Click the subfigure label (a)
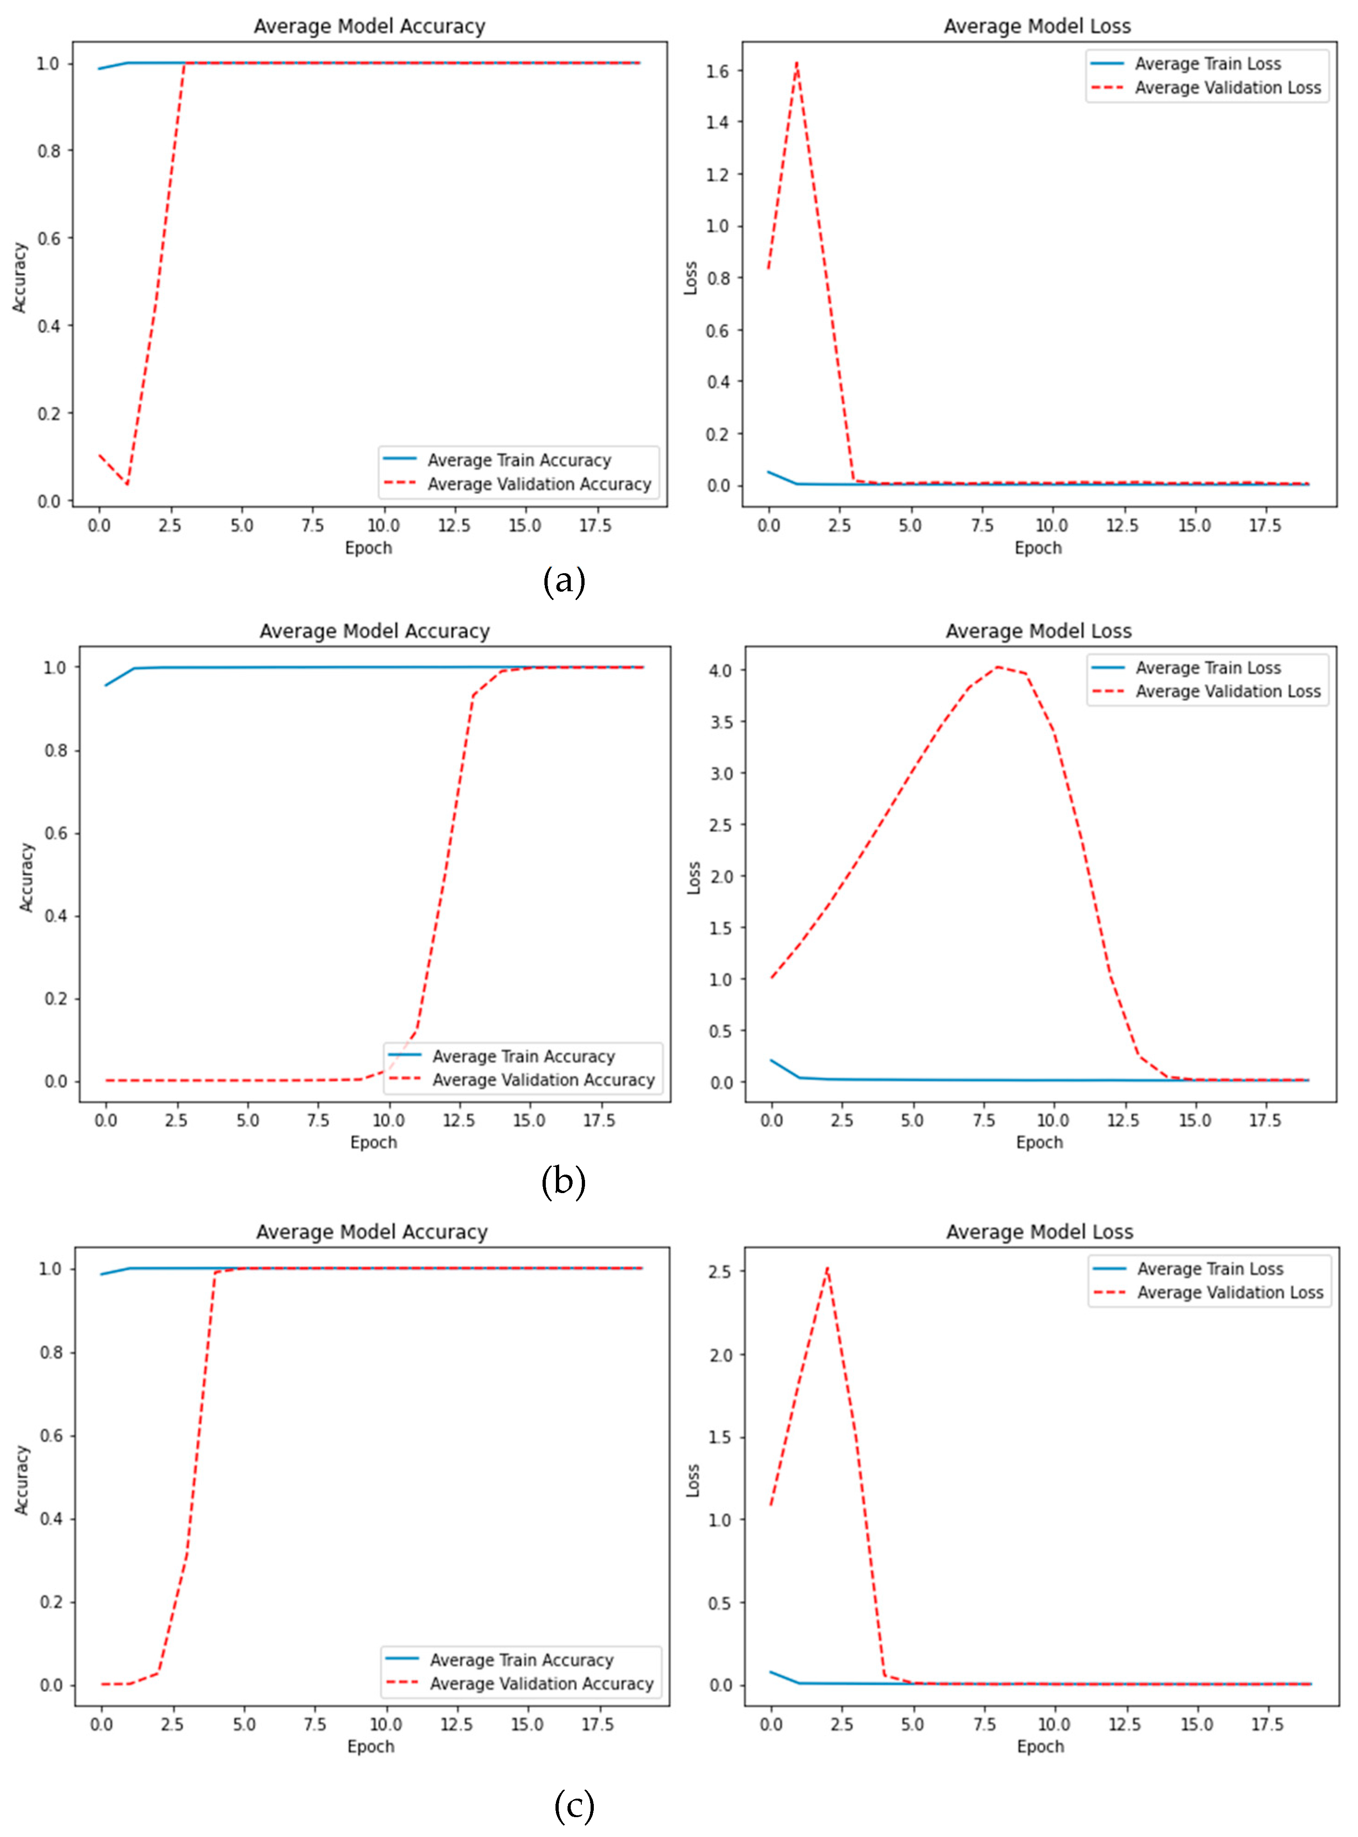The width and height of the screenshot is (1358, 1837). coord(564,582)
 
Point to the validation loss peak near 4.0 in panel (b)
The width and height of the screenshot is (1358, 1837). coord(997,667)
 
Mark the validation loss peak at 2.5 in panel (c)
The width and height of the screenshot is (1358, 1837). coord(827,1268)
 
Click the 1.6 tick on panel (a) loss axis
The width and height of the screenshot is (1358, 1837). coord(718,71)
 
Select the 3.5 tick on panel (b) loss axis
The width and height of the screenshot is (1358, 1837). coord(721,722)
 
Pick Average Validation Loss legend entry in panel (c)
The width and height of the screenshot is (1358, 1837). coord(1230,1292)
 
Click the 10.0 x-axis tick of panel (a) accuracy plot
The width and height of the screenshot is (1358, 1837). coord(383,526)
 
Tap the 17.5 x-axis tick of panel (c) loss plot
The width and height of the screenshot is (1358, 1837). coord(1267,1724)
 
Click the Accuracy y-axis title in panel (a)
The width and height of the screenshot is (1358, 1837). coord(20,277)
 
